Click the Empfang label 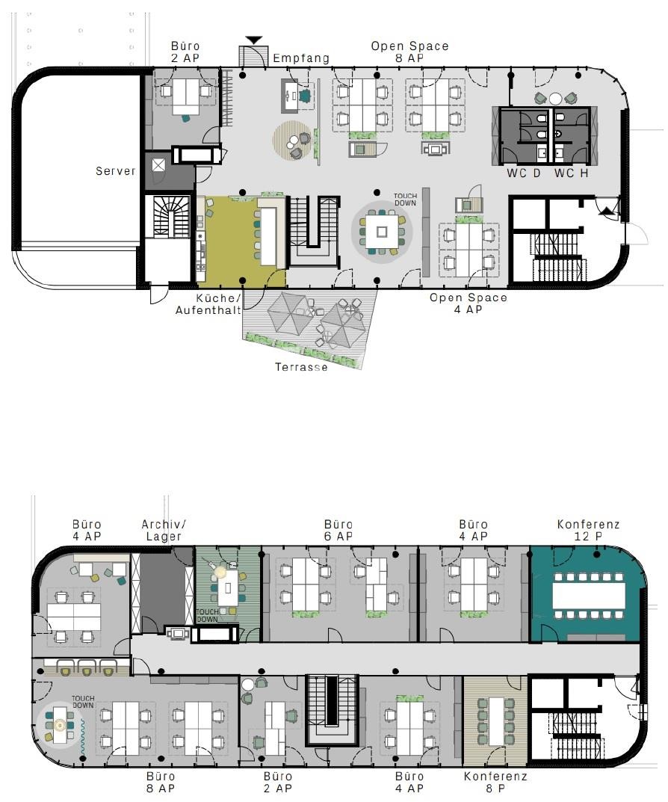pos(300,58)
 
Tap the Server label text pos(116,171)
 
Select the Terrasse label pos(301,367)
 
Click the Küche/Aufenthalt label pos(208,304)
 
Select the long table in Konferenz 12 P pos(589,595)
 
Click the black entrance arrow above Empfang pos(254,40)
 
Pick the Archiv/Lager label pos(164,530)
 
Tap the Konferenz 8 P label pos(495,782)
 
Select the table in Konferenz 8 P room pos(494,720)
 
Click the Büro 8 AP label pos(161,782)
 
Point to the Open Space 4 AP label pos(468,303)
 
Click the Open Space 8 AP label pos(409,52)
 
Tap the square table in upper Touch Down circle pos(382,231)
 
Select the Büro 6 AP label pos(338,530)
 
